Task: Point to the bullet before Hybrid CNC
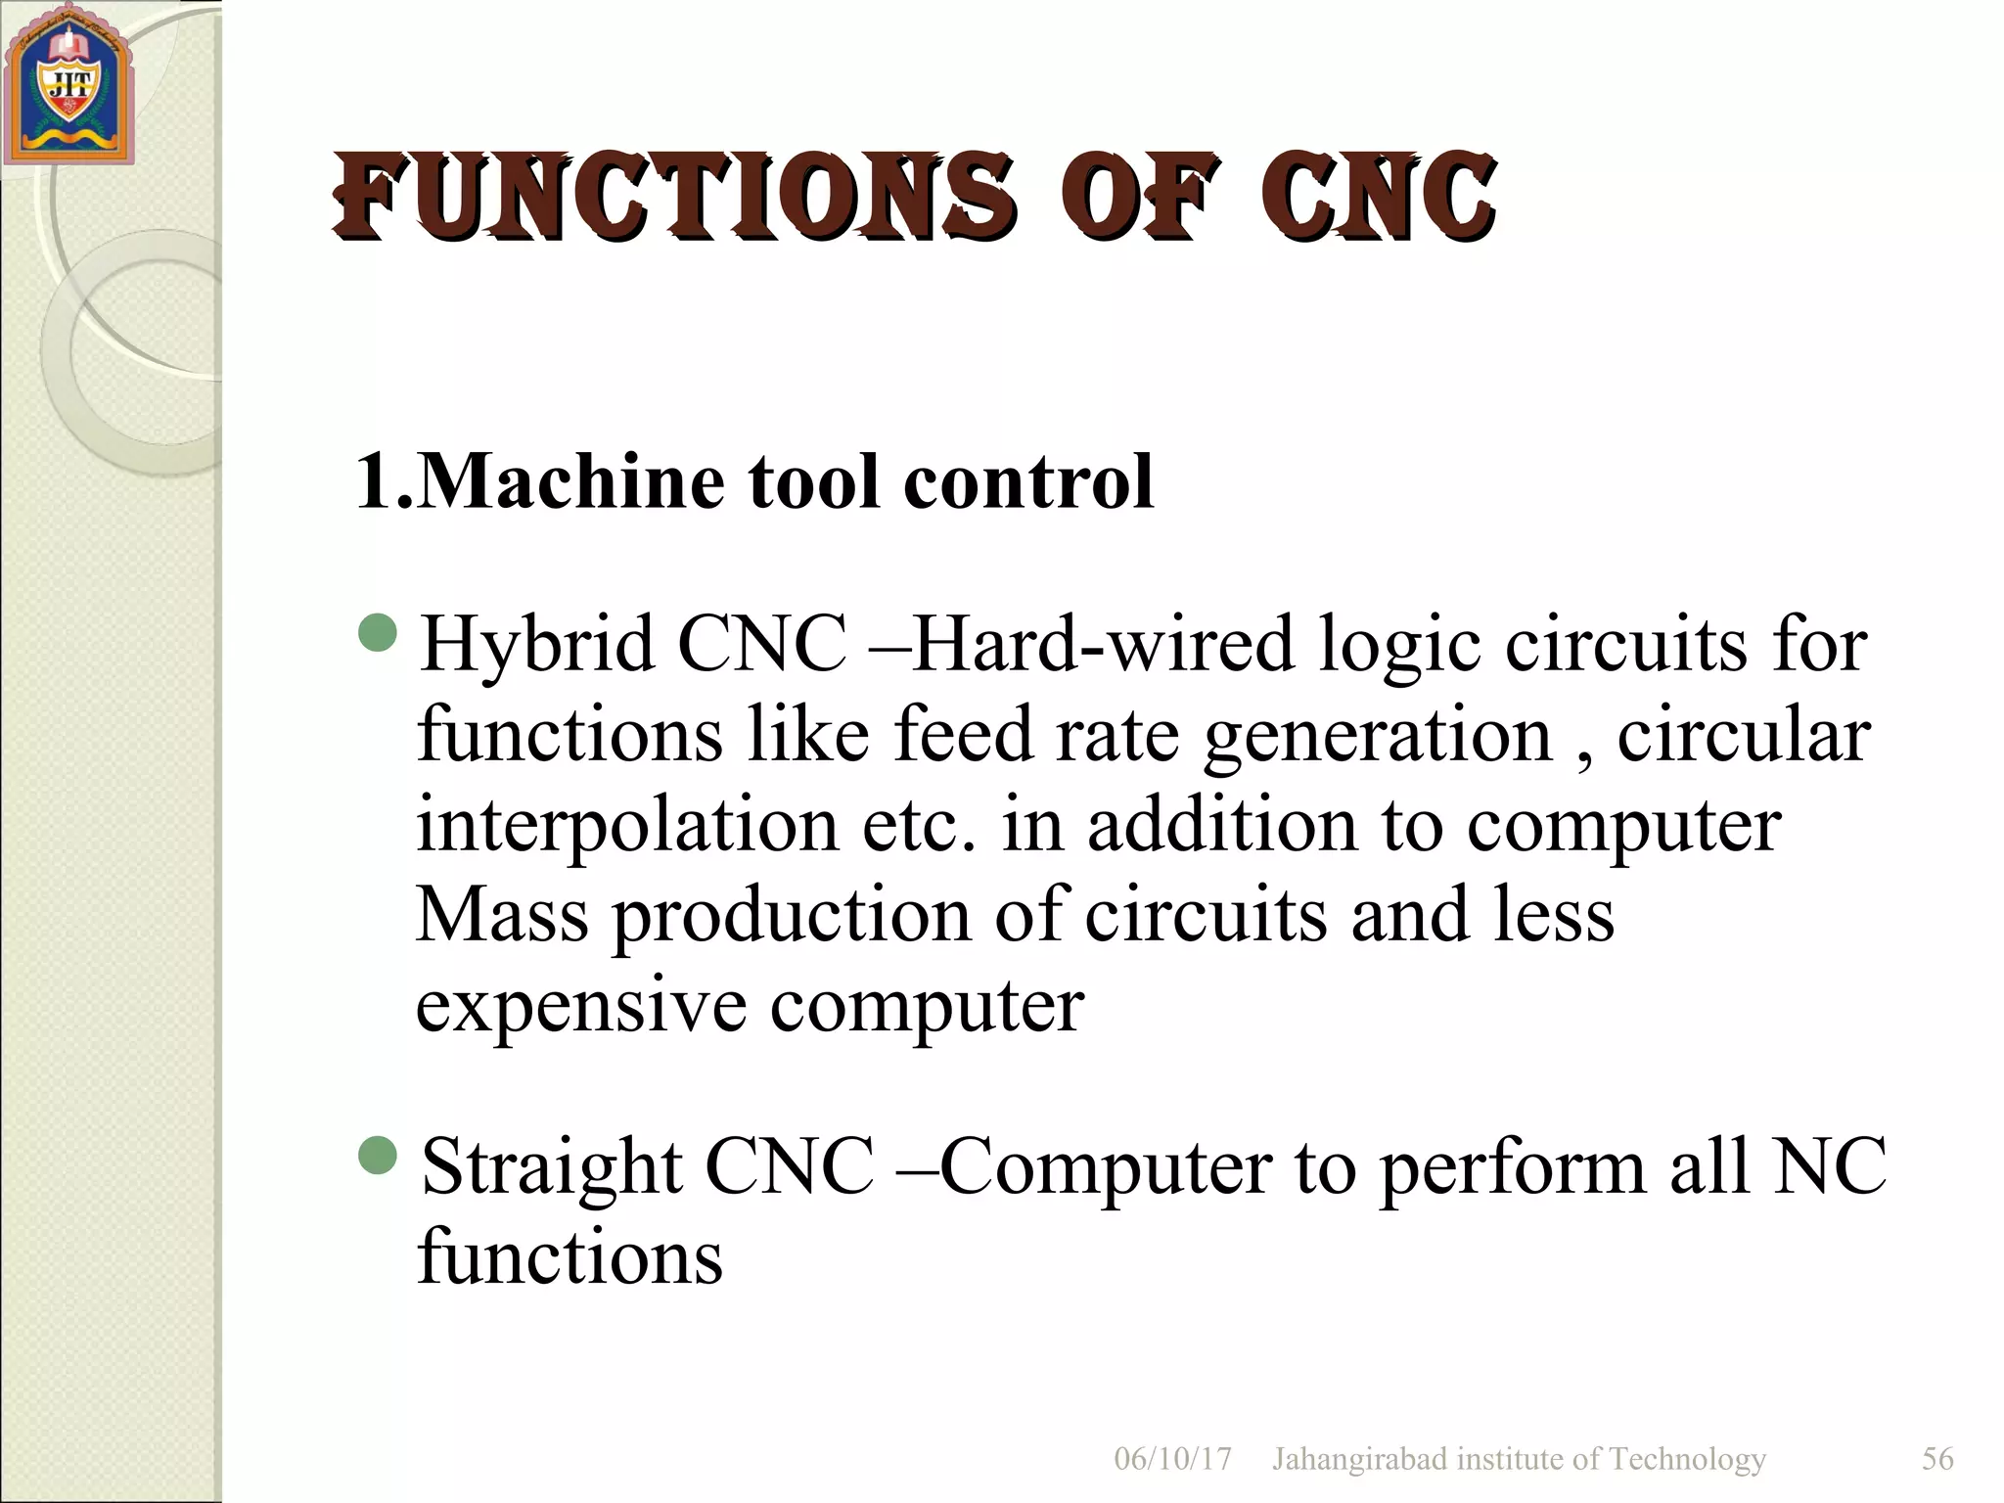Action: tap(378, 633)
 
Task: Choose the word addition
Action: tap(1222, 824)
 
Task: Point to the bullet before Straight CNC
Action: tap(378, 1157)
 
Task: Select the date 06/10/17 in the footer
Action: tap(1172, 1459)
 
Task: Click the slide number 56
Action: tap(1937, 1459)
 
